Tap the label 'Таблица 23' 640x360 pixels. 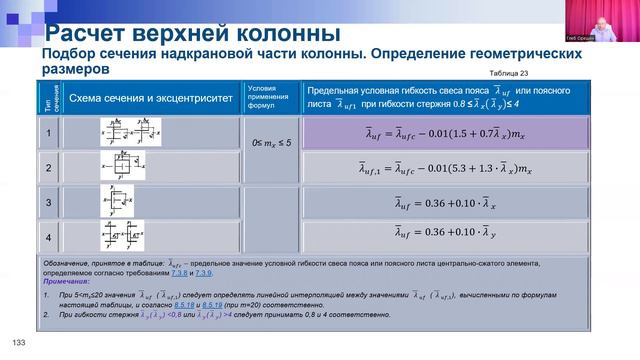(509, 73)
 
